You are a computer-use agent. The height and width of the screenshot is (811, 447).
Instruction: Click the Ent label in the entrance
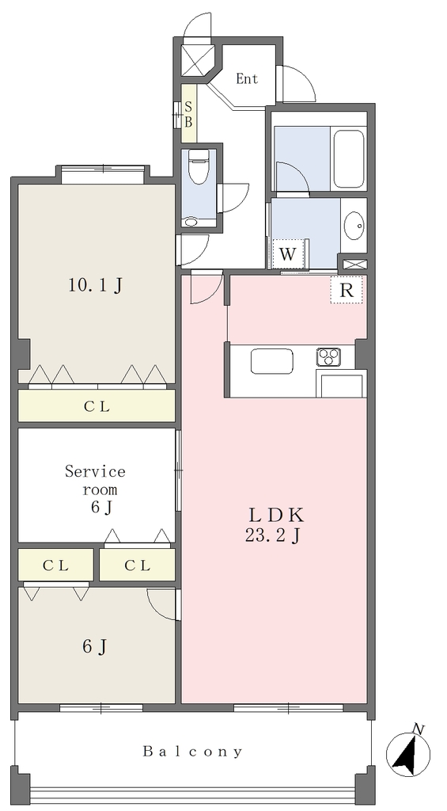click(x=247, y=78)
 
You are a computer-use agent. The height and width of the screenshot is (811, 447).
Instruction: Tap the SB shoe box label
click(x=188, y=114)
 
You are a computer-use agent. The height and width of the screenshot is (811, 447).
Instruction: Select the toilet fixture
click(x=197, y=166)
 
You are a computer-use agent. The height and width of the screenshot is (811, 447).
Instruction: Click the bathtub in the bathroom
click(x=349, y=159)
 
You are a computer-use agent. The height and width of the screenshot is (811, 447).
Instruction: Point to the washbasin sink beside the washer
click(x=354, y=226)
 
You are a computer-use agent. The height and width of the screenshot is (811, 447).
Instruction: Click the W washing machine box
click(x=288, y=254)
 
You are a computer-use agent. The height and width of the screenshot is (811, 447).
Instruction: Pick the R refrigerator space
click(x=347, y=290)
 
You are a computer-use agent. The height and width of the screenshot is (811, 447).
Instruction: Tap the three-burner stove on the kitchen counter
click(x=328, y=356)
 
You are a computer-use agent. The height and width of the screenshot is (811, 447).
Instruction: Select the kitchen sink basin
click(x=272, y=361)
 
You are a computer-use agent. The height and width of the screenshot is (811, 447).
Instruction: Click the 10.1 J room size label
click(x=96, y=285)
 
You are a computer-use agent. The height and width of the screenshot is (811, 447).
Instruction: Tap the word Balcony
click(x=192, y=751)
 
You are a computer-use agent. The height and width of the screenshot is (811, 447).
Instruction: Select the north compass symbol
click(x=408, y=753)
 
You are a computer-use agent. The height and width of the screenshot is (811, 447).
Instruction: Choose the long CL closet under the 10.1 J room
click(x=97, y=406)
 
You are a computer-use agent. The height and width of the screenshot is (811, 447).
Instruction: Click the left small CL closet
click(x=56, y=565)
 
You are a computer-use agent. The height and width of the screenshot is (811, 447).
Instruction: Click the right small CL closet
click(x=138, y=565)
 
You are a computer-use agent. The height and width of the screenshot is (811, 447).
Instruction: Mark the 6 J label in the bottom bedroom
click(x=96, y=646)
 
